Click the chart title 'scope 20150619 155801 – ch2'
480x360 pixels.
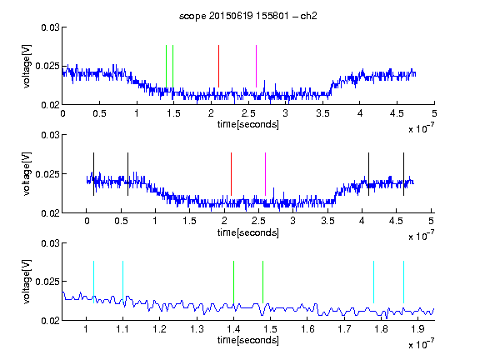247,16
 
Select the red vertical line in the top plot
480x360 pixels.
218,66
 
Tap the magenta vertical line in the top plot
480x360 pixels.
256,66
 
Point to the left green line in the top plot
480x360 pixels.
166,66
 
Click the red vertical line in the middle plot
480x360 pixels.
231,174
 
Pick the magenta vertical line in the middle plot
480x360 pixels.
265,174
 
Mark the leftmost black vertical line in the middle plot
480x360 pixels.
93,174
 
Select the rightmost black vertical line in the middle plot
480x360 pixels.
403,174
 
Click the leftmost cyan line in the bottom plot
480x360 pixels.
93,282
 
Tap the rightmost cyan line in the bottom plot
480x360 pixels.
403,282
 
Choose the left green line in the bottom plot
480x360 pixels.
233,282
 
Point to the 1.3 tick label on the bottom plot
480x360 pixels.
197,329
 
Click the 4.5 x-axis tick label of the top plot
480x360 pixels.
397,113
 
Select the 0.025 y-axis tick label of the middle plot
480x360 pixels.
47,174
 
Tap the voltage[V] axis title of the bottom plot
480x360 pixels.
27,282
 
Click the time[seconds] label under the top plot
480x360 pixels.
248,124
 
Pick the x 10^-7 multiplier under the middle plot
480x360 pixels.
421,236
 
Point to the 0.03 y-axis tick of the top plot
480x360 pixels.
50,27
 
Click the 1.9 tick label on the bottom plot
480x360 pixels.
417,329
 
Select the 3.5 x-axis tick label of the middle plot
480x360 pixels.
327,221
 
